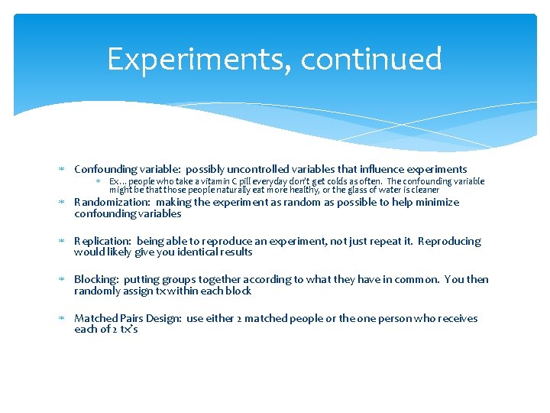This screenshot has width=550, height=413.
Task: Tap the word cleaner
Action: point(424,190)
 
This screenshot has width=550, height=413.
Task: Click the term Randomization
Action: point(110,203)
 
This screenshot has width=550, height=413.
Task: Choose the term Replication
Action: point(102,241)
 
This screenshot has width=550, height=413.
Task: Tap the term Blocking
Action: point(96,279)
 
